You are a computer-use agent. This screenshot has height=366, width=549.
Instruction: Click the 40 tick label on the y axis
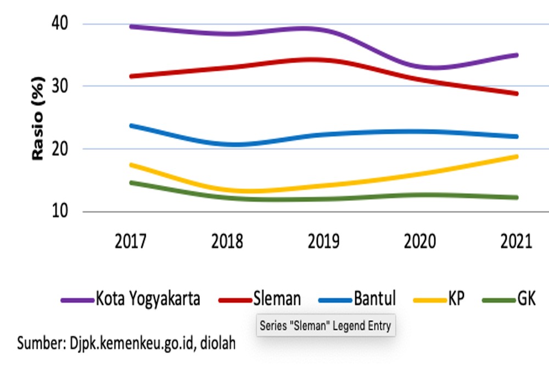(x=59, y=24)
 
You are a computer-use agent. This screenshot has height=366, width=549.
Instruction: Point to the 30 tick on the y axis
(x=59, y=86)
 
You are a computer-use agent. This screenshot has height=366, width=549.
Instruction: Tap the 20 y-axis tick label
(x=59, y=149)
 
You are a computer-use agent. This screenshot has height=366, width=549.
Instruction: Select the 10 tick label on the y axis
(x=59, y=211)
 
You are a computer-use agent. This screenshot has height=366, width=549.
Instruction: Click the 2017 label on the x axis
(x=130, y=241)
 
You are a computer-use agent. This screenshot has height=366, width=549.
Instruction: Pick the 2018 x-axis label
(x=227, y=241)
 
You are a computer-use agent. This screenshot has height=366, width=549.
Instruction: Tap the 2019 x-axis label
(x=323, y=241)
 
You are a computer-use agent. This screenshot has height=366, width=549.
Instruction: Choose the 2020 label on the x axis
(x=420, y=241)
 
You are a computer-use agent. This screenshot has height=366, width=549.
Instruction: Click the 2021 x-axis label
(x=516, y=241)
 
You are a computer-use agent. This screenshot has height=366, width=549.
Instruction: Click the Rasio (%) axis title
(x=38, y=119)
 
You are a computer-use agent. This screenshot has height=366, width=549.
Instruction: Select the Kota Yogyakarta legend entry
(x=130, y=299)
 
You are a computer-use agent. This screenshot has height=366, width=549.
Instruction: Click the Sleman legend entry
(x=260, y=299)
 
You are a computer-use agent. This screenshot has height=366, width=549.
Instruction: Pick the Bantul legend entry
(x=357, y=299)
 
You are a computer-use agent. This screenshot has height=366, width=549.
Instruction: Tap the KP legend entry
(x=439, y=299)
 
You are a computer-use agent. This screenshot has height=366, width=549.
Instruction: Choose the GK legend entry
(x=509, y=299)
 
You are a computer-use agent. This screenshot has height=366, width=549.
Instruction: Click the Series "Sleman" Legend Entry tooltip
(x=326, y=326)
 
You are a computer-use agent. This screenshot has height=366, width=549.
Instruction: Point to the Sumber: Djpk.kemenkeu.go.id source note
(x=126, y=344)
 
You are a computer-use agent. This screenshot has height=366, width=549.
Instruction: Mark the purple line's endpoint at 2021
(x=516, y=55)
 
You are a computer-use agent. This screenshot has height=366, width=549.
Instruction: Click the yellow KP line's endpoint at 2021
(x=516, y=157)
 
